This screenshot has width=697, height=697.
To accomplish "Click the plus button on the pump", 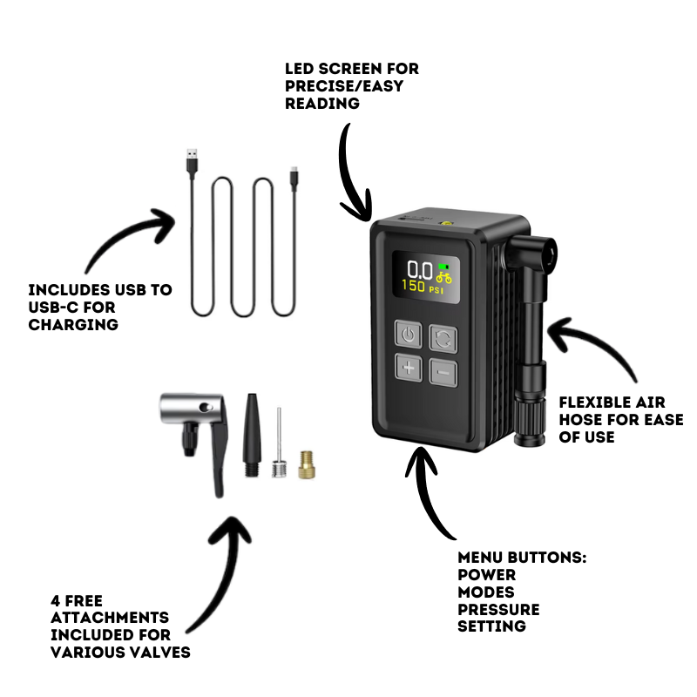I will tap(408, 369).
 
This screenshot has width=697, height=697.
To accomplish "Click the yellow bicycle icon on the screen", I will tap(444, 277).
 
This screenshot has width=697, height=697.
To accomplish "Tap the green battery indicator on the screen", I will tap(444, 266).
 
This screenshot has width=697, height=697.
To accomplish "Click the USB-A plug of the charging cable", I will tap(192, 163).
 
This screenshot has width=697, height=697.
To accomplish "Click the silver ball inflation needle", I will tap(279, 449).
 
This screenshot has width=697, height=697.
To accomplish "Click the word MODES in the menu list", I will tap(485, 592).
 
